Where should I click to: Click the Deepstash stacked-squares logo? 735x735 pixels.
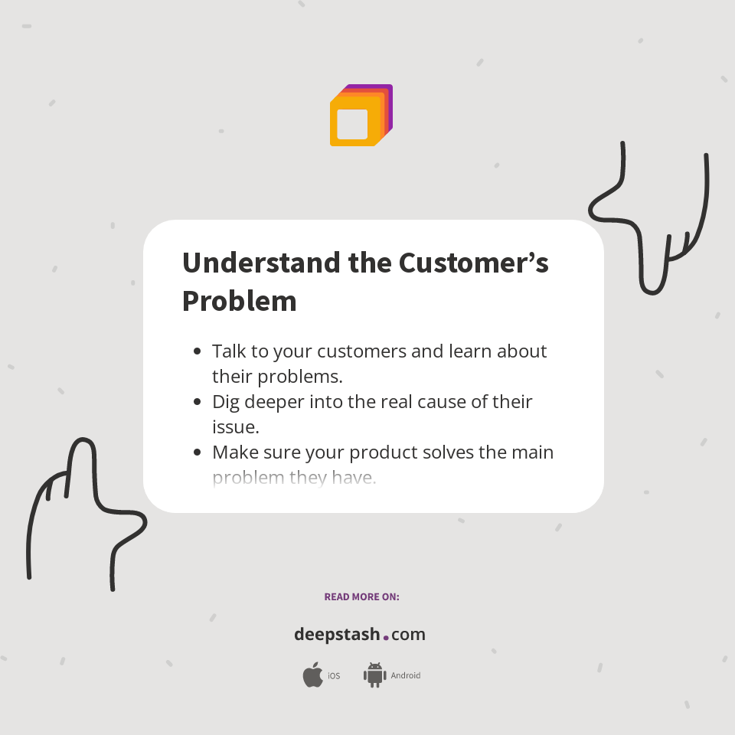[361, 115]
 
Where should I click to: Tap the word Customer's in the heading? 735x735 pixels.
[473, 263]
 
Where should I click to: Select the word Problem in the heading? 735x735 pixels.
[239, 301]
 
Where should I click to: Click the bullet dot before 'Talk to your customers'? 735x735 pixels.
[198, 351]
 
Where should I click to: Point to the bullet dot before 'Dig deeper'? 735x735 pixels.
[198, 402]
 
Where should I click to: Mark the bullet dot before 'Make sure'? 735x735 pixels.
[198, 452]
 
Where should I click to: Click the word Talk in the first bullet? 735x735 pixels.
[228, 351]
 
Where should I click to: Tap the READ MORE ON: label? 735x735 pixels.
[361, 596]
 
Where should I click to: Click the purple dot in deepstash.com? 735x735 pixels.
[386, 636]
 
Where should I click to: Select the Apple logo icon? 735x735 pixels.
[312, 675]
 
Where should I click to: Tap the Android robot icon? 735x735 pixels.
[374, 675]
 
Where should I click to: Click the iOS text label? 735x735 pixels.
[334, 676]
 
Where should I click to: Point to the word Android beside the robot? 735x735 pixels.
[405, 676]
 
